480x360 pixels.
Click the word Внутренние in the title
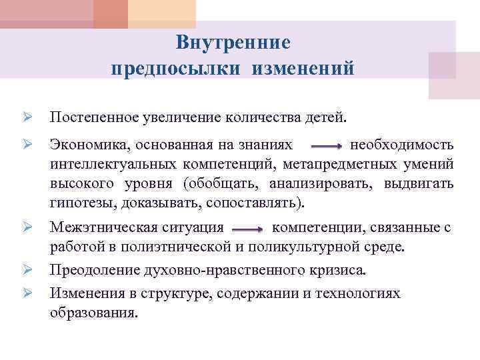[x=233, y=43]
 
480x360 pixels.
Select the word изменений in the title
[x=303, y=69]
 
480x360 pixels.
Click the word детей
[x=328, y=118]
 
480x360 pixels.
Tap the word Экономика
[x=86, y=145]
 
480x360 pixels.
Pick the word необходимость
[x=402, y=145]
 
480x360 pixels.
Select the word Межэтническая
[x=98, y=228]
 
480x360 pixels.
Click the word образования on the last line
[x=91, y=313]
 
